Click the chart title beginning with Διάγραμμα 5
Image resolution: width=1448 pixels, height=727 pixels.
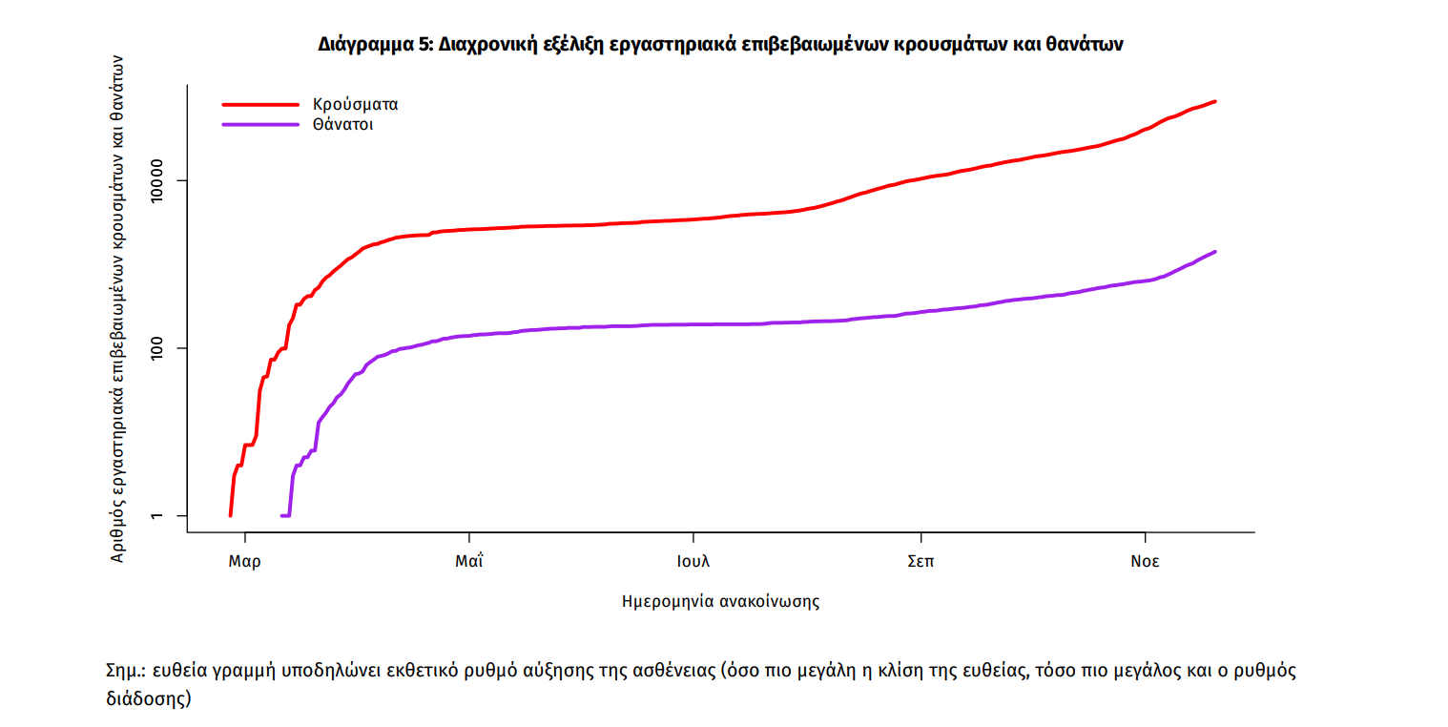pos(720,45)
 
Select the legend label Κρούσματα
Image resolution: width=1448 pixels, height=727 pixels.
pos(355,104)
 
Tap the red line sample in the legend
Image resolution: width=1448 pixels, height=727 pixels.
pos(260,104)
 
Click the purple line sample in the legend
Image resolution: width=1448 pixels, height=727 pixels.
pos(260,125)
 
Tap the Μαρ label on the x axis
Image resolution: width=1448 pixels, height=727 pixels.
pos(244,561)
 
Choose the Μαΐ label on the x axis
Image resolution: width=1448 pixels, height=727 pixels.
pos(468,561)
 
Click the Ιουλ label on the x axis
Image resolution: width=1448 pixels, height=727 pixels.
pos(693,561)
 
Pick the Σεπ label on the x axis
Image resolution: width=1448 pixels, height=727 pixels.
pos(920,561)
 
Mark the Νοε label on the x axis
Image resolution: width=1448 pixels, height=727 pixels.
pos(1145,561)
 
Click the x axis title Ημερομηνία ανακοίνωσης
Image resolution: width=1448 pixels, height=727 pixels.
pos(720,602)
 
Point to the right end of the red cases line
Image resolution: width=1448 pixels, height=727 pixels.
pos(1214,101)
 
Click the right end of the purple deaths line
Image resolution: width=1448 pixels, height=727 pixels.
pos(1214,252)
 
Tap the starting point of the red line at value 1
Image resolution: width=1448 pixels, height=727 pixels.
pos(231,515)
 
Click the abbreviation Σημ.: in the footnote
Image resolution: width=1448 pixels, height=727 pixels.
pos(125,671)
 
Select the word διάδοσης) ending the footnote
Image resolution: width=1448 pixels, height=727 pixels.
pos(149,698)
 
